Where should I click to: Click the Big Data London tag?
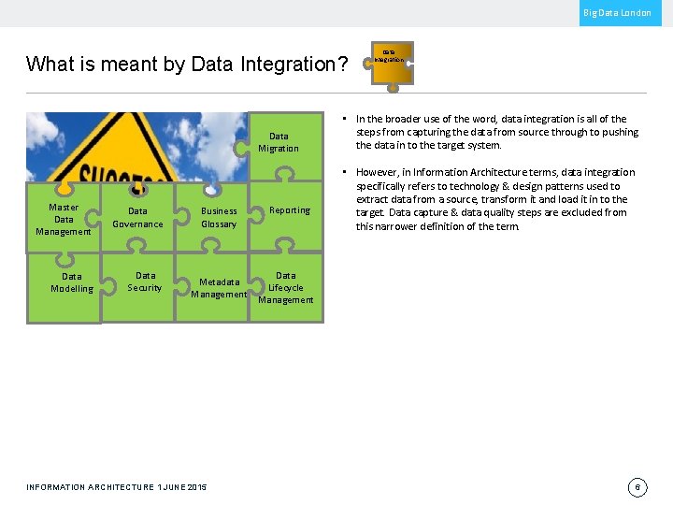coord(617,13)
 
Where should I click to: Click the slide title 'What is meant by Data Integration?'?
coord(187,65)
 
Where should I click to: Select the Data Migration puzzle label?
coord(279,142)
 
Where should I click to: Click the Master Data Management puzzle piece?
coord(64,220)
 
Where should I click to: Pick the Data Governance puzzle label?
coord(137,218)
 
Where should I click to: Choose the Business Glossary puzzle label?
coord(219,218)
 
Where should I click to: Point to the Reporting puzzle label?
coord(290,210)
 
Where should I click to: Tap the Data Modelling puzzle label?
coord(72,282)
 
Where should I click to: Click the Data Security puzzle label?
coord(145,281)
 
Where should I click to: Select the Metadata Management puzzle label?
coord(219,288)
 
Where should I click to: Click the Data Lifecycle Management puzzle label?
coord(286,288)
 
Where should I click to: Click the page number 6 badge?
coord(637,487)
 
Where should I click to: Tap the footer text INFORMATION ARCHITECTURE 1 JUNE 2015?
coord(117,487)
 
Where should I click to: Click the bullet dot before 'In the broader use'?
coord(345,119)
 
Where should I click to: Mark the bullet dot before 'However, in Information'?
coord(345,172)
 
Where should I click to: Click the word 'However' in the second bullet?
coord(377,172)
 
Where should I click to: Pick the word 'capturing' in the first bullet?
coord(420,132)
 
